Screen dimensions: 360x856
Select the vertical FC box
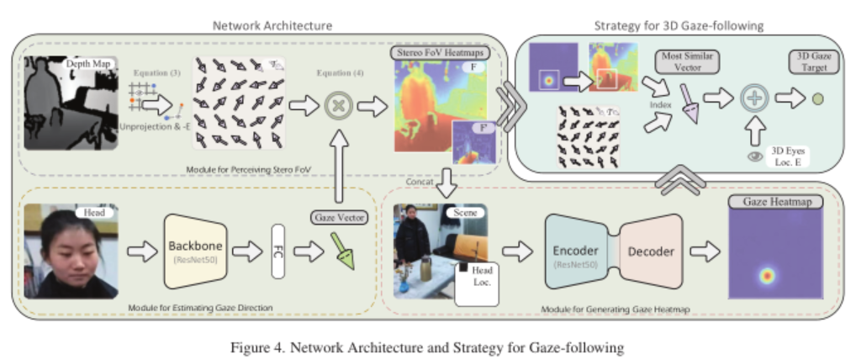279,250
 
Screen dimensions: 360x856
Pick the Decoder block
653,251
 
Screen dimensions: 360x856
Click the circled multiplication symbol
338,106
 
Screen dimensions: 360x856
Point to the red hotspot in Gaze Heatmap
765,274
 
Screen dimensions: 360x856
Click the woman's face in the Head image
69,248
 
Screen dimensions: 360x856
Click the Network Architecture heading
260,24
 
